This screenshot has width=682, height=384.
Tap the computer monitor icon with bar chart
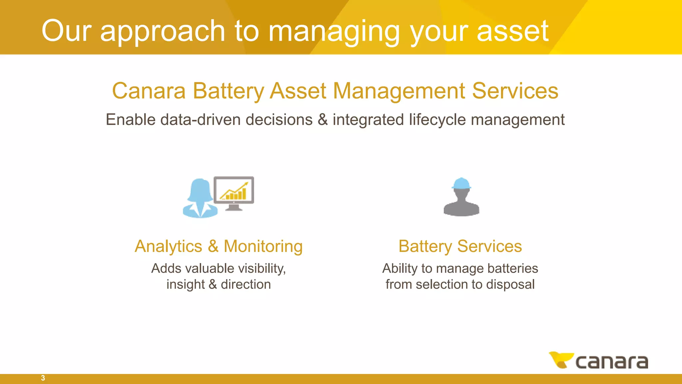point(234,192)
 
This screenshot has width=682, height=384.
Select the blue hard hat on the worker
point(461,183)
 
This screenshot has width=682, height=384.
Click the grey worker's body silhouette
point(461,205)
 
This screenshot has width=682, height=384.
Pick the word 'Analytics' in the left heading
point(169,247)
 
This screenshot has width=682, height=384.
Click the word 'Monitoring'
point(263,247)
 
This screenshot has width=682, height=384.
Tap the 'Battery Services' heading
point(460,247)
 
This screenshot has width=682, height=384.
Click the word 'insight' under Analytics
point(185,285)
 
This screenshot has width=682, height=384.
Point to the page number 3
point(43,378)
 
